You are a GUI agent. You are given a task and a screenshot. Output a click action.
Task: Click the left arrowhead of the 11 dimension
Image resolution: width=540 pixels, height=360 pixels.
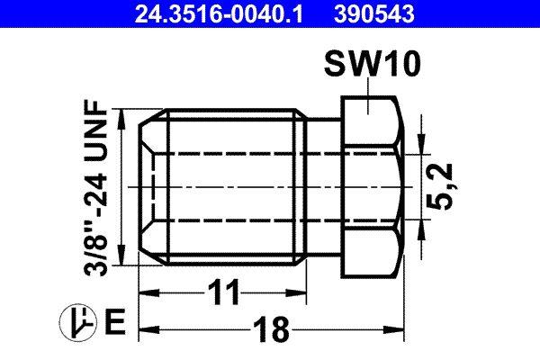[x=144, y=293]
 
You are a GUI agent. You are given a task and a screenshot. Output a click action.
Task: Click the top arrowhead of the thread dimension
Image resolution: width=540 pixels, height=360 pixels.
[x=125, y=116]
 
